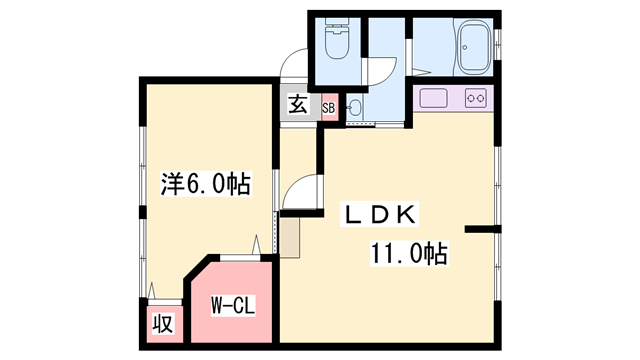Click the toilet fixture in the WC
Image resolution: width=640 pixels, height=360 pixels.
click(x=338, y=38)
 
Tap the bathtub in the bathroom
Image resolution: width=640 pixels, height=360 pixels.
click(x=474, y=47)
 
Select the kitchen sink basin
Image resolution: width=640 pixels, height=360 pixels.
click(x=433, y=98)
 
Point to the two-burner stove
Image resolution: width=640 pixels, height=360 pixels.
click(x=476, y=98)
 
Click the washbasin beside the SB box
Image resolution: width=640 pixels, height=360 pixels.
click(x=354, y=108)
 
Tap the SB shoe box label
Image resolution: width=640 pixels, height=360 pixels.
click(x=329, y=108)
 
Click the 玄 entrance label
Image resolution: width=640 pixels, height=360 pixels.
click(x=298, y=105)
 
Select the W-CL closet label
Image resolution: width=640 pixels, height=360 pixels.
click(x=233, y=305)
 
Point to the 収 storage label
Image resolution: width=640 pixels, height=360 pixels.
click(x=163, y=323)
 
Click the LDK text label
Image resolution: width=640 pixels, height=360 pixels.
click(x=380, y=214)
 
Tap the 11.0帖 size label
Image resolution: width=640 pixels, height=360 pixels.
click(x=409, y=253)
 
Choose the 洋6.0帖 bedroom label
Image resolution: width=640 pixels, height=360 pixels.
click(x=205, y=184)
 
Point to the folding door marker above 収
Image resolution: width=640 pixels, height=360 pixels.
click(x=152, y=290)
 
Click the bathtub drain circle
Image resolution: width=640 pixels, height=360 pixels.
click(x=465, y=47)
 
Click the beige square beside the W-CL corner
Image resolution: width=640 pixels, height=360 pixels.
click(x=289, y=238)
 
